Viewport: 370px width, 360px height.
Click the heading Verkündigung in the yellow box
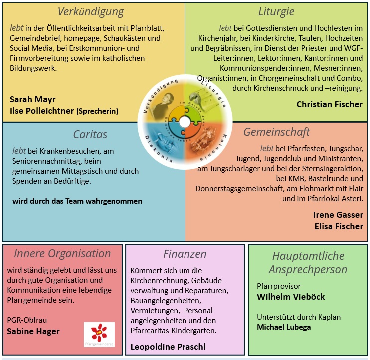(x=91, y=12)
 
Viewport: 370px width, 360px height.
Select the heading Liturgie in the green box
(x=276, y=12)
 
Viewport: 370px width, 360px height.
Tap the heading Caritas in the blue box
(x=90, y=135)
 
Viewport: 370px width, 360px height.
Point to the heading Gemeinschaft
(x=277, y=132)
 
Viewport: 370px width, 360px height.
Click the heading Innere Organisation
(x=62, y=254)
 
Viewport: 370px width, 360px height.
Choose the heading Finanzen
(x=185, y=254)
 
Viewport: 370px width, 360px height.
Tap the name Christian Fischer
(x=329, y=104)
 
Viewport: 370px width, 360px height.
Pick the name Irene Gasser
(x=338, y=215)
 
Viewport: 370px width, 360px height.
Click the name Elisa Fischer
(x=339, y=226)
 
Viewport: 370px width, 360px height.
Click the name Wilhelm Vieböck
(x=291, y=297)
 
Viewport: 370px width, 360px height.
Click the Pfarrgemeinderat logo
(x=99, y=334)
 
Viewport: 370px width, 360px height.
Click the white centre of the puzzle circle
(x=185, y=122)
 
